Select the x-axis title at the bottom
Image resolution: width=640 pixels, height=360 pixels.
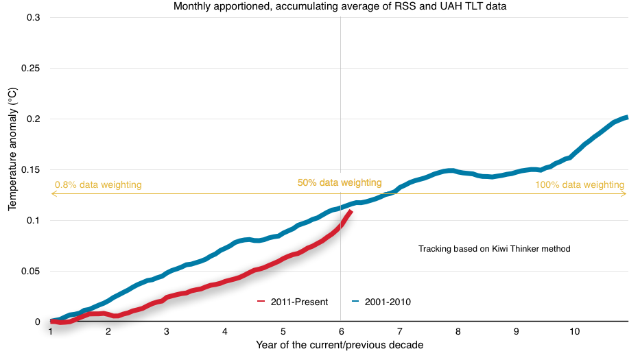pyautogui.click(x=340, y=345)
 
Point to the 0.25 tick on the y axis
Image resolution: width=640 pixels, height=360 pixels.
pyautogui.click(x=32, y=68)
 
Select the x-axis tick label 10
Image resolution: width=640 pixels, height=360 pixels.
pyautogui.click(x=575, y=331)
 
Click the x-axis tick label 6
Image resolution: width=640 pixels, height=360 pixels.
pyautogui.click(x=341, y=331)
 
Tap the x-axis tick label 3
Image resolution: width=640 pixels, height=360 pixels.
pyautogui.click(x=167, y=331)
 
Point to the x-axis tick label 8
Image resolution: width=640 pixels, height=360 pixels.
pyautogui.click(x=458, y=331)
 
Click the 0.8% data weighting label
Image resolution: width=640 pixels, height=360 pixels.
pyautogui.click(x=98, y=184)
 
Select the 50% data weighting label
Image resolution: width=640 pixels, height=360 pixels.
pyautogui.click(x=339, y=183)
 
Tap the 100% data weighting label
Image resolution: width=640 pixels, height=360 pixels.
pyautogui.click(x=580, y=184)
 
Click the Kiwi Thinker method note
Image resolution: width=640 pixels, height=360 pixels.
pyautogui.click(x=494, y=249)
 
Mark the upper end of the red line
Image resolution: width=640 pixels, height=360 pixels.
pyautogui.click(x=351, y=211)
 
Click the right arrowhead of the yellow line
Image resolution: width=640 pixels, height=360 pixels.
pyautogui.click(x=624, y=194)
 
